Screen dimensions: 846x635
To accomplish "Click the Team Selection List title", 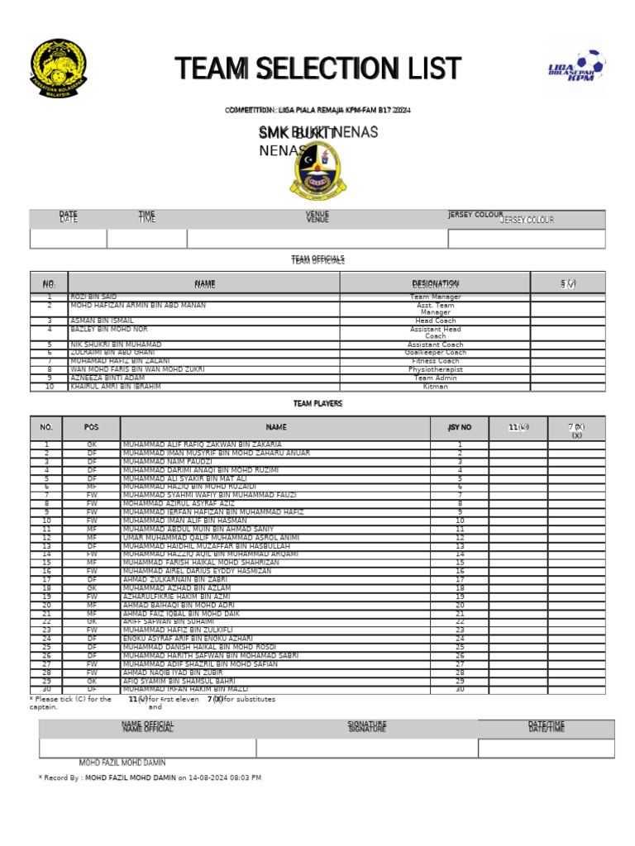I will pyautogui.click(x=318, y=69).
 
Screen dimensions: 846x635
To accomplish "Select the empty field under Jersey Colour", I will pyautogui.click(x=526, y=239).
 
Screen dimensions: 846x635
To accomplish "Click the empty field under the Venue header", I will pyautogui.click(x=317, y=239).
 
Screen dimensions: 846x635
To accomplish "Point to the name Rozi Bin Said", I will pyautogui.click(x=93, y=297).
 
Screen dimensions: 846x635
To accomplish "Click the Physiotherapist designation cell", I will pyautogui.click(x=435, y=370).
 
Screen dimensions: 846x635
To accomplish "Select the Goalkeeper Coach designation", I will pyautogui.click(x=435, y=353).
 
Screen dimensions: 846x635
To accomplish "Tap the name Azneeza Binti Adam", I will pyautogui.click(x=102, y=378).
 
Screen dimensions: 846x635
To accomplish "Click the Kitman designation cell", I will pyautogui.click(x=435, y=387).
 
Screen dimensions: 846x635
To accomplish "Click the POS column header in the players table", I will pyautogui.click(x=91, y=428).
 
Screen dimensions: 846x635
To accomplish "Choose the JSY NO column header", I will pyautogui.click(x=460, y=428).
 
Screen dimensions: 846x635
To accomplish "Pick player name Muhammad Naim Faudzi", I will pyautogui.click(x=168, y=462).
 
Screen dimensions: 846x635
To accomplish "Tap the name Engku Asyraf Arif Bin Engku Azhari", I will pyautogui.click(x=188, y=639).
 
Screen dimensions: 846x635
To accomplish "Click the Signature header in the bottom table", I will pyautogui.click(x=367, y=727).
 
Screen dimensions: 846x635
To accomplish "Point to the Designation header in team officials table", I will pyautogui.click(x=435, y=283).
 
